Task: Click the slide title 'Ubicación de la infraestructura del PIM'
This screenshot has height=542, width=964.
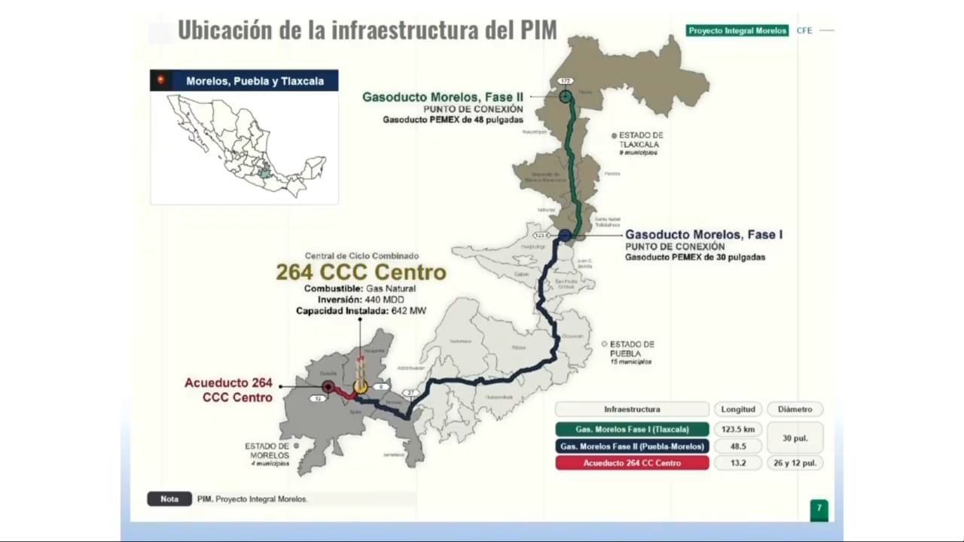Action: click(367, 30)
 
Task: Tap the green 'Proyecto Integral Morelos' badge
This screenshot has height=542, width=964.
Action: click(737, 31)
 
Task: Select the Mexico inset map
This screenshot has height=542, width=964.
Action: click(244, 147)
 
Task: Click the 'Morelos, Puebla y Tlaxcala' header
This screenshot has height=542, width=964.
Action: click(255, 81)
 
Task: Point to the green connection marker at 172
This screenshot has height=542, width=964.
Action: click(566, 96)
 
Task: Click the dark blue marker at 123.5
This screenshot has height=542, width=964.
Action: click(565, 235)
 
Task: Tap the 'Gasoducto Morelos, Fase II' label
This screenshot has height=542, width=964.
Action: click(443, 97)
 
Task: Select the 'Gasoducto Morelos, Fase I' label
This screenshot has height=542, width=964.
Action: click(703, 235)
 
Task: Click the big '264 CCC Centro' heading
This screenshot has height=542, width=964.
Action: click(361, 272)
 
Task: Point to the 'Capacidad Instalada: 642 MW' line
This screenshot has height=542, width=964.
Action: click(361, 311)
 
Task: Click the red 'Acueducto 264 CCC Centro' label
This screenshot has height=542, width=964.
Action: click(229, 390)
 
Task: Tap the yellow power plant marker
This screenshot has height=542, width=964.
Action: click(360, 386)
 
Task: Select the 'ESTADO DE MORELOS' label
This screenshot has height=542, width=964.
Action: click(267, 451)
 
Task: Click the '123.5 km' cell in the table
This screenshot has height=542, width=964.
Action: click(737, 429)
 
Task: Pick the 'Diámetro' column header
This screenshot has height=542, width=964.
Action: click(795, 410)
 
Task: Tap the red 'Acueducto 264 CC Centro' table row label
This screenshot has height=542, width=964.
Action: click(632, 463)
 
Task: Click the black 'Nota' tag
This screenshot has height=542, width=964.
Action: click(169, 498)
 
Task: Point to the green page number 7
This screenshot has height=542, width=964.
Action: click(819, 508)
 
